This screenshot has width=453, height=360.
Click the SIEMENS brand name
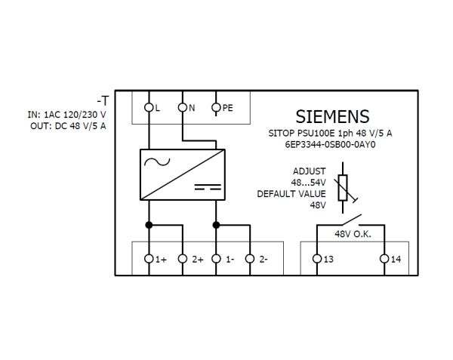click(x=332, y=116)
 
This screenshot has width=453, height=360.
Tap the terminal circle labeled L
click(x=149, y=108)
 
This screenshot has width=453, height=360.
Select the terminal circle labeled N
click(x=183, y=108)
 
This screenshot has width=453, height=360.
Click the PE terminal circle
click(x=216, y=108)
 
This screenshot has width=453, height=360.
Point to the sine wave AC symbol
click(x=157, y=162)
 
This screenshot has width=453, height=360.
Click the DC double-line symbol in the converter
click(x=208, y=186)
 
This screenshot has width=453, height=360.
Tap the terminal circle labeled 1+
click(x=149, y=259)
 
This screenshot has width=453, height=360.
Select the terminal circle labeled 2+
click(x=183, y=259)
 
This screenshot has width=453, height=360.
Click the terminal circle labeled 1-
click(x=216, y=259)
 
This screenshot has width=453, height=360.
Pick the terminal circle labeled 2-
click(x=250, y=259)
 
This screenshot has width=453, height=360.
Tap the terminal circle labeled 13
click(x=317, y=259)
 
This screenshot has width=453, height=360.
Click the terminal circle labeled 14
click(x=384, y=259)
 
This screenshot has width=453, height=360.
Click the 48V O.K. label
click(x=353, y=234)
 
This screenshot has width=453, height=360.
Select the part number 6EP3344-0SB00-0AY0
click(x=330, y=145)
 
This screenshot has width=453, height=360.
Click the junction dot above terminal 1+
click(x=149, y=225)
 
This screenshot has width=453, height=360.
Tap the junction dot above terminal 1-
click(x=216, y=225)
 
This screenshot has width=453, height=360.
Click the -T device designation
click(x=103, y=101)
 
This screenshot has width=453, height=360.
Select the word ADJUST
click(x=309, y=171)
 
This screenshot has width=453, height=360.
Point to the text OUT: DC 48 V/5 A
click(x=68, y=126)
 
